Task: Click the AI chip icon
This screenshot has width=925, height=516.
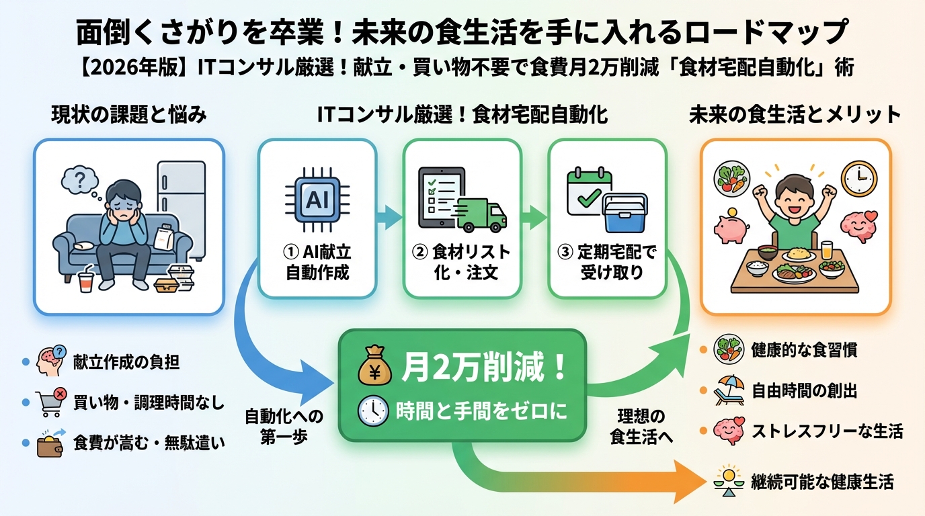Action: coord(317,199)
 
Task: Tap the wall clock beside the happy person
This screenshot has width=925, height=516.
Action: coord(860,178)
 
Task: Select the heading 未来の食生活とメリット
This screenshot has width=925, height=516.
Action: coord(795,115)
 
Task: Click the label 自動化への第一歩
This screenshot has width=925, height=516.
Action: coord(284,425)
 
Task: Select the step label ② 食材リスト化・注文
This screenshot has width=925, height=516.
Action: coord(462,263)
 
